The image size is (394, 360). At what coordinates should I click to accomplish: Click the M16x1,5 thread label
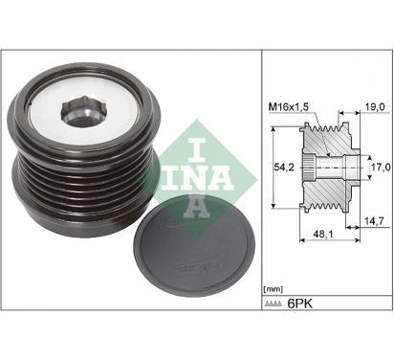289,107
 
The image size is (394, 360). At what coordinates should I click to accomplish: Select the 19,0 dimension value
375,106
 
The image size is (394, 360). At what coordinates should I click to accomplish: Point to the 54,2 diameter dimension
284,167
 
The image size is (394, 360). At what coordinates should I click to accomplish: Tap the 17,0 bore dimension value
382,167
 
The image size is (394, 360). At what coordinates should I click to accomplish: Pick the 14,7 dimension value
374,220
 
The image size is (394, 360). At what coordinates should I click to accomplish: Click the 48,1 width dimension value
323,234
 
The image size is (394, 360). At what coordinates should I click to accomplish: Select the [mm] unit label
274,289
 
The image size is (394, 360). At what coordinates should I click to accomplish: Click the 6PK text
299,304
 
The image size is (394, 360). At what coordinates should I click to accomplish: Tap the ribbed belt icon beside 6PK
273,304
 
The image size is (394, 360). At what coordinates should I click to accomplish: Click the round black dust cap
193,246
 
